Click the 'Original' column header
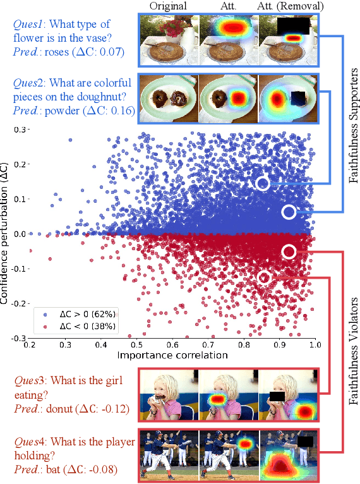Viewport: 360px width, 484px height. coord(168,6)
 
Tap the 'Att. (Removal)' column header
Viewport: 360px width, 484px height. coord(289,6)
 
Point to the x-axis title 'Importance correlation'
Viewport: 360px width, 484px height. coord(171,356)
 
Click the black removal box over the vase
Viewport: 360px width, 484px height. coord(292,25)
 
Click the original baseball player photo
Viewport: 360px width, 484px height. coord(168,456)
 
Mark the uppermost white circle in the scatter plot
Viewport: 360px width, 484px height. coord(263,183)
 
